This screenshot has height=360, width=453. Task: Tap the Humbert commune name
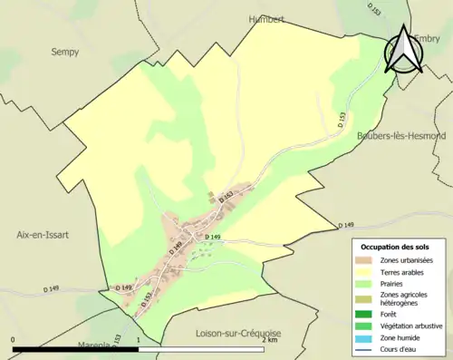tap(267, 18)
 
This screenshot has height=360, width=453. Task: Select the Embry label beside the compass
tap(428, 38)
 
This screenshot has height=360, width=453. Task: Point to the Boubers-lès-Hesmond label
tap(400, 135)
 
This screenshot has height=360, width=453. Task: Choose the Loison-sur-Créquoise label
tap(238, 333)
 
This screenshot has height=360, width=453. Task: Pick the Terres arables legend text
tap(404, 271)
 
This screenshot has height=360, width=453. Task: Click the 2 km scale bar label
tap(269, 339)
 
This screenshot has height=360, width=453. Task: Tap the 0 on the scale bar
tap(13, 339)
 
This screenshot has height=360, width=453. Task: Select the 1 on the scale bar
tap(137, 339)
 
